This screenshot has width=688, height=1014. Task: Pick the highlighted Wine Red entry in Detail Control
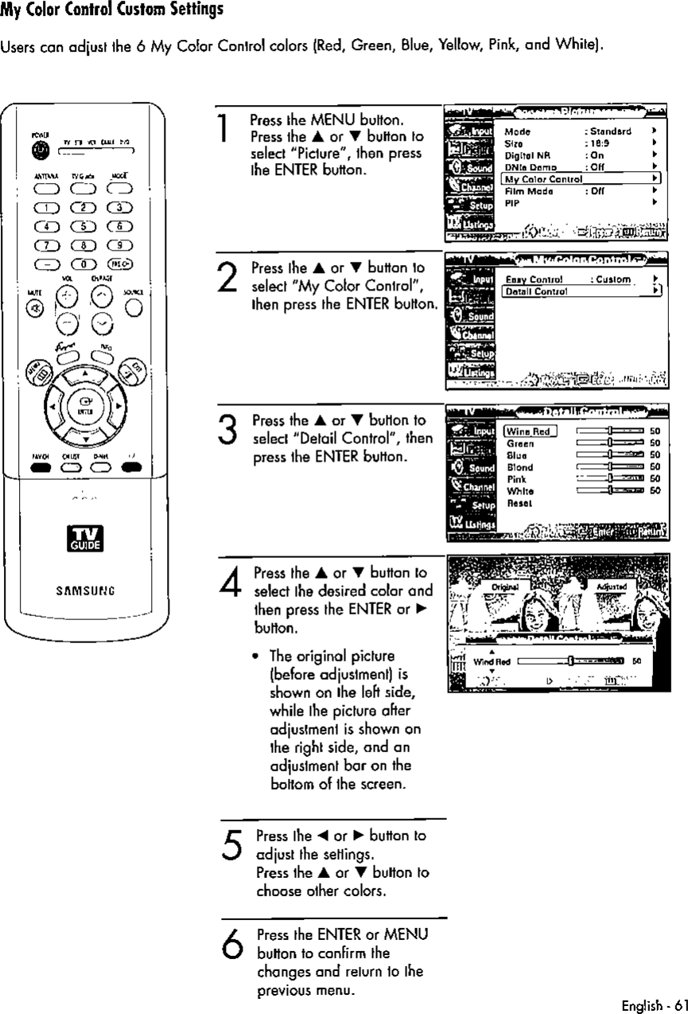[529, 431]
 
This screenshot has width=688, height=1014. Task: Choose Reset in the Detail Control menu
[517, 503]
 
